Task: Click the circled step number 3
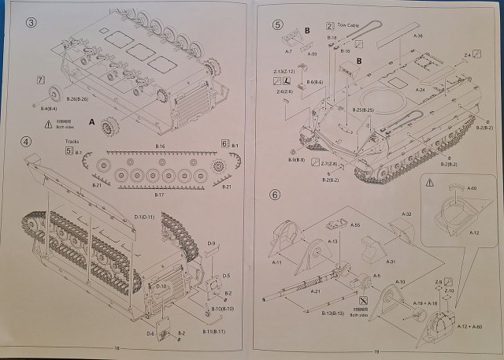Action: [31, 21]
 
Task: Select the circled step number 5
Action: [277, 24]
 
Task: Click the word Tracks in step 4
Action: [73, 143]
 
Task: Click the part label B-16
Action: [160, 147]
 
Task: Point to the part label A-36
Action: [418, 35]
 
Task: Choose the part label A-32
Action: [407, 214]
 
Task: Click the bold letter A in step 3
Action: [93, 123]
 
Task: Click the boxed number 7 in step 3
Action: [40, 80]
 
